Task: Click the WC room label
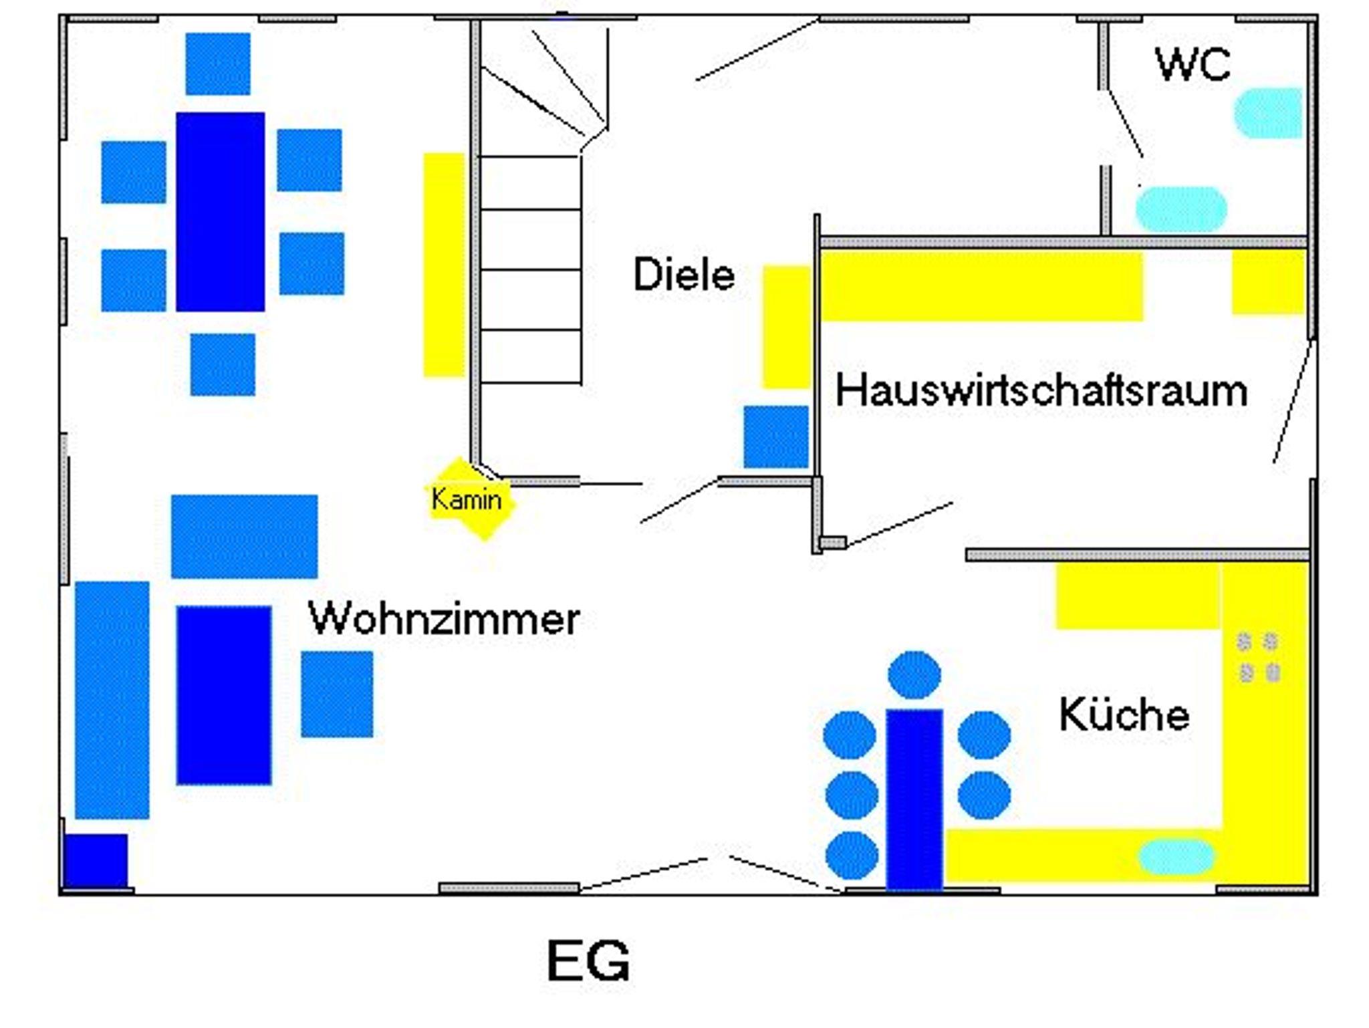click(1193, 64)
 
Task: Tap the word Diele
click(683, 274)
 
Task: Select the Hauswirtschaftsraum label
click(1041, 391)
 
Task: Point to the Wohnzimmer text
click(444, 619)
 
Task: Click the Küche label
click(1124, 715)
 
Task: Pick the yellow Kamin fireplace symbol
click(470, 499)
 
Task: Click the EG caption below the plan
click(588, 960)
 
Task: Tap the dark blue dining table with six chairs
click(220, 211)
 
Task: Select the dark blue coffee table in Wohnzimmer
click(224, 694)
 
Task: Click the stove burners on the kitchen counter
click(1259, 657)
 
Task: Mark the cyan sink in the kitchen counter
click(1176, 857)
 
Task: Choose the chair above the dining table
click(218, 64)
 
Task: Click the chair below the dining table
click(223, 365)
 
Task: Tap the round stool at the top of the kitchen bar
click(914, 675)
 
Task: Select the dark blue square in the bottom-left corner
click(96, 860)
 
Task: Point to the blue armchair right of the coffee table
click(337, 694)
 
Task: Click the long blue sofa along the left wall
click(112, 699)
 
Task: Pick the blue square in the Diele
click(775, 436)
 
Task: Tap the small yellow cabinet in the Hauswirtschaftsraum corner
click(1268, 281)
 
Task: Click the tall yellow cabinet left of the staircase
click(444, 265)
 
